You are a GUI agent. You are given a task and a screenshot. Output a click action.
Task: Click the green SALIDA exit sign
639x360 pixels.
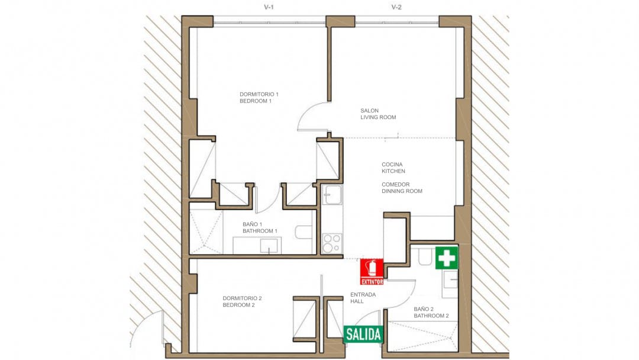click(363, 335)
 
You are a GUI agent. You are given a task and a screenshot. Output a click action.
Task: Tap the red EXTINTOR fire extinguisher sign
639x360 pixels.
click(372, 272)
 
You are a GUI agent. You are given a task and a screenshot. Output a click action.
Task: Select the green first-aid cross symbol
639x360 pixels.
click(447, 258)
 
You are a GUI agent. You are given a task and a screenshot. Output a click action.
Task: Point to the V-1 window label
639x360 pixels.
click(269, 7)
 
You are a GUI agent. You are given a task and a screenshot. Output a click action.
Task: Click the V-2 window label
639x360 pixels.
click(396, 7)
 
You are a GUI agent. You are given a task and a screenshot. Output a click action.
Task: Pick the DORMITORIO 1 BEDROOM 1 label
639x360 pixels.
click(259, 98)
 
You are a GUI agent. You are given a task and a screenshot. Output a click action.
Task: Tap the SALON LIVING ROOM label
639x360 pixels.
click(378, 114)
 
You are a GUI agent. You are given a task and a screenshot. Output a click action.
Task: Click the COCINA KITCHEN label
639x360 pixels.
click(393, 168)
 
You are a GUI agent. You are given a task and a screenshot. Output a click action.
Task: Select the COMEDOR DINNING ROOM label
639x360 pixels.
click(402, 188)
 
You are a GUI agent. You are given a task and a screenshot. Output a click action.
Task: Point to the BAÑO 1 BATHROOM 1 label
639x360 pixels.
click(260, 227)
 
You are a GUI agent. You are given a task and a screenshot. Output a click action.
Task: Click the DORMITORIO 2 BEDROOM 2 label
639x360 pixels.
click(242, 301)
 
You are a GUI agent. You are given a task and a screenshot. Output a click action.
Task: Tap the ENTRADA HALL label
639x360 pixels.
click(363, 298)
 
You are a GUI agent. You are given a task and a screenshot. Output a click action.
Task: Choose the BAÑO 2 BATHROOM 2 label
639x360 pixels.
click(431, 312)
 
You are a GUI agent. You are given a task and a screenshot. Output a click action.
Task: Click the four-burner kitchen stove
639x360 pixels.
click(332, 243)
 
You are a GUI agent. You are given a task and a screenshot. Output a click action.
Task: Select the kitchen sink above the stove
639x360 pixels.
click(332, 195)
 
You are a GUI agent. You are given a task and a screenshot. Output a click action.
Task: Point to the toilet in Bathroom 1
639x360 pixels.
click(304, 232)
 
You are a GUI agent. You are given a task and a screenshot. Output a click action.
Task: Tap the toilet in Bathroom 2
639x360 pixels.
click(425, 257)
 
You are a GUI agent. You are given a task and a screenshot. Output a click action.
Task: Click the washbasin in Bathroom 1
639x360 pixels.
click(269, 246)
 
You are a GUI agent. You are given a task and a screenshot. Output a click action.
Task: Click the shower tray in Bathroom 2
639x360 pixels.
click(422, 336)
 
